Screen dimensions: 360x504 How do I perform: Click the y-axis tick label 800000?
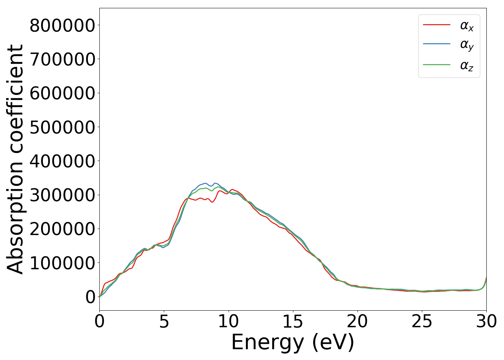[x=62, y=26]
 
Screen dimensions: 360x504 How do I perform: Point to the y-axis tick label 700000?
[x=62, y=59]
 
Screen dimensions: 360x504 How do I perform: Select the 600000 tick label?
[x=62, y=93]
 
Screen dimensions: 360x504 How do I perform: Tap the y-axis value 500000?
[x=62, y=127]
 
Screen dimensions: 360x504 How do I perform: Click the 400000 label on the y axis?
[x=62, y=161]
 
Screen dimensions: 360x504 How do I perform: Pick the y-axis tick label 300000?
[x=62, y=195]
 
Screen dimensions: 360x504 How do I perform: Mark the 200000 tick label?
[x=62, y=229]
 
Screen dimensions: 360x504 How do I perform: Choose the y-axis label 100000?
[x=62, y=263]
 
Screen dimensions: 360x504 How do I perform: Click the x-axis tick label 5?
[x=164, y=321]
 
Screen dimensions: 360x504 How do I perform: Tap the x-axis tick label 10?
[x=228, y=321]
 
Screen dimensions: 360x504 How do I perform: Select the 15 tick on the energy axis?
[x=293, y=321]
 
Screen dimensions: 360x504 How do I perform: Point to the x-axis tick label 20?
[x=357, y=321]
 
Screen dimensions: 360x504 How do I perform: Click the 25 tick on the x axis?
[x=422, y=321]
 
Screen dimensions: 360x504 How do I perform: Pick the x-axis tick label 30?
[x=486, y=321]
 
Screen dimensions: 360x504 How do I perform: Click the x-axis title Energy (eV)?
[x=293, y=342]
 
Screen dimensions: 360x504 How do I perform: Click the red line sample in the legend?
[x=436, y=25]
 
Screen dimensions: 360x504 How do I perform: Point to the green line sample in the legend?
[x=436, y=65]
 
